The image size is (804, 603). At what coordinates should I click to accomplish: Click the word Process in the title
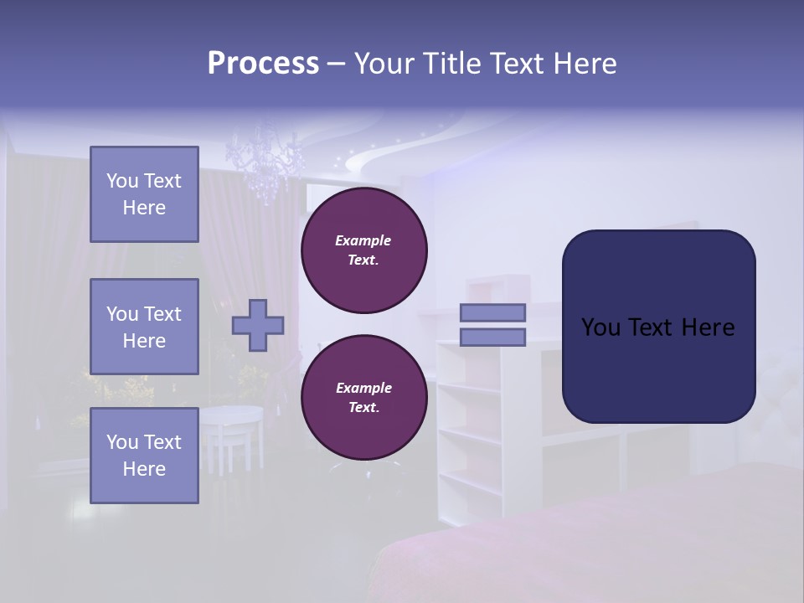pyautogui.click(x=263, y=64)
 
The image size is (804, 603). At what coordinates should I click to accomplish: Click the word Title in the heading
pyautogui.click(x=453, y=64)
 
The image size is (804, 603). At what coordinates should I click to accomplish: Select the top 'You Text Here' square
pyautogui.click(x=144, y=194)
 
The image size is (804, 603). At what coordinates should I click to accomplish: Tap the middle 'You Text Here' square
pyautogui.click(x=144, y=327)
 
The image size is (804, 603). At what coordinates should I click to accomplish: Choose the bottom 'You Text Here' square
pyautogui.click(x=144, y=456)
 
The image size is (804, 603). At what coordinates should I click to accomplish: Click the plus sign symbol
pyautogui.click(x=258, y=325)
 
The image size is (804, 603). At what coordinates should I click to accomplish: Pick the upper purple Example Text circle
pyautogui.click(x=363, y=250)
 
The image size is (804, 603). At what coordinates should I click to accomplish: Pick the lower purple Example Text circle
pyautogui.click(x=363, y=398)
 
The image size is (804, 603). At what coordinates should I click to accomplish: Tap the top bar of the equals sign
pyautogui.click(x=492, y=312)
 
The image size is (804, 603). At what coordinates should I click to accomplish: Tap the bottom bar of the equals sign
pyautogui.click(x=492, y=338)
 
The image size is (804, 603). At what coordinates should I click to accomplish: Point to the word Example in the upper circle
pyautogui.click(x=363, y=240)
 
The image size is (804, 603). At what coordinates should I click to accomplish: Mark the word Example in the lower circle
pyautogui.click(x=363, y=388)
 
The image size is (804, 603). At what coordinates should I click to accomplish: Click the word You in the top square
pyautogui.click(x=122, y=181)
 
